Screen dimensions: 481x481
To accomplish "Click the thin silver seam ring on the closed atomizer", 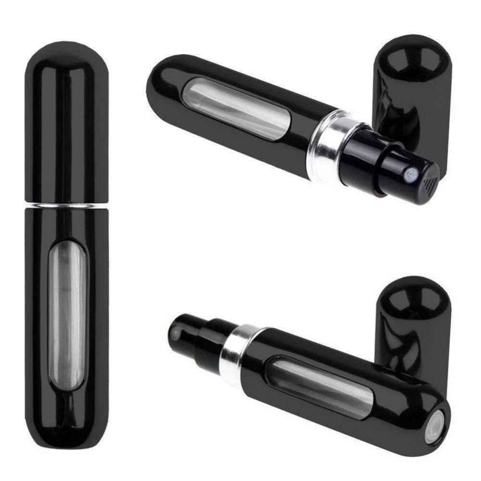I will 66,206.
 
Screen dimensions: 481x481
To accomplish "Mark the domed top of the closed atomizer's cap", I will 66,53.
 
